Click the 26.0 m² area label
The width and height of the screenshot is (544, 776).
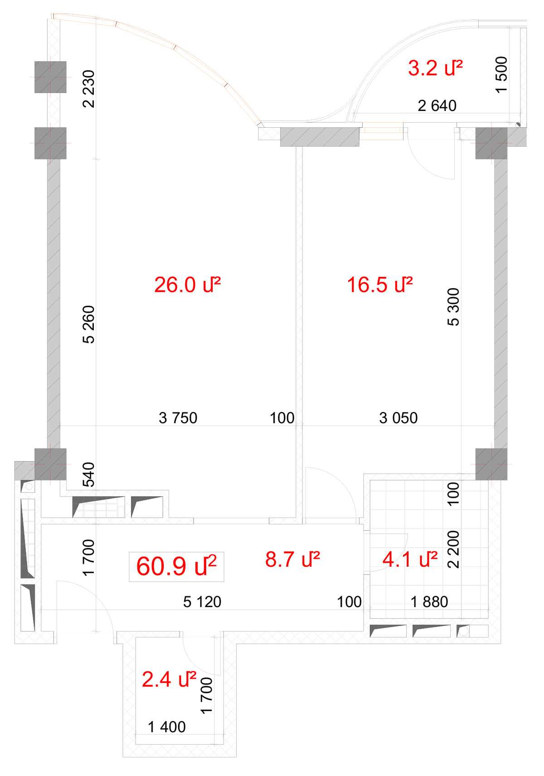(187, 285)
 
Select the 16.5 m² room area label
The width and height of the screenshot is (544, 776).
(379, 285)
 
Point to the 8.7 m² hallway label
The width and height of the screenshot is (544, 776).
(292, 559)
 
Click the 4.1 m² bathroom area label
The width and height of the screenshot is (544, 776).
(410, 559)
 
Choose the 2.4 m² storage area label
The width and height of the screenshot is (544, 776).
(169, 679)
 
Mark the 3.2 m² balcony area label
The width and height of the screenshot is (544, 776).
(435, 68)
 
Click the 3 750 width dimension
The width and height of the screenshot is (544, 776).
(178, 418)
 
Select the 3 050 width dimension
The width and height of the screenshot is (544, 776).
(398, 418)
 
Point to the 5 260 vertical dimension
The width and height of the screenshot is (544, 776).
(88, 324)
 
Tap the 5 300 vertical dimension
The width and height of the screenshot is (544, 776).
(453, 307)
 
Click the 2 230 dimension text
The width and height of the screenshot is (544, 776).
(88, 89)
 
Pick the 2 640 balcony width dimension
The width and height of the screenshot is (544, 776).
(437, 106)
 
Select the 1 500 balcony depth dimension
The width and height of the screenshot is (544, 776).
(501, 75)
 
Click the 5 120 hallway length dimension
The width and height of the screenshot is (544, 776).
(202, 602)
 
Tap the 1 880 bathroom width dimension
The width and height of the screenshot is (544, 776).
(429, 602)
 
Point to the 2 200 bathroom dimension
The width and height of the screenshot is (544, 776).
(453, 549)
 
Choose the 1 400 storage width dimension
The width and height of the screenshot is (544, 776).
(167, 727)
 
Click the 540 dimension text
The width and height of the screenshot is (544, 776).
(88, 474)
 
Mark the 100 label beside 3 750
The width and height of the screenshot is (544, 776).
(282, 418)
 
